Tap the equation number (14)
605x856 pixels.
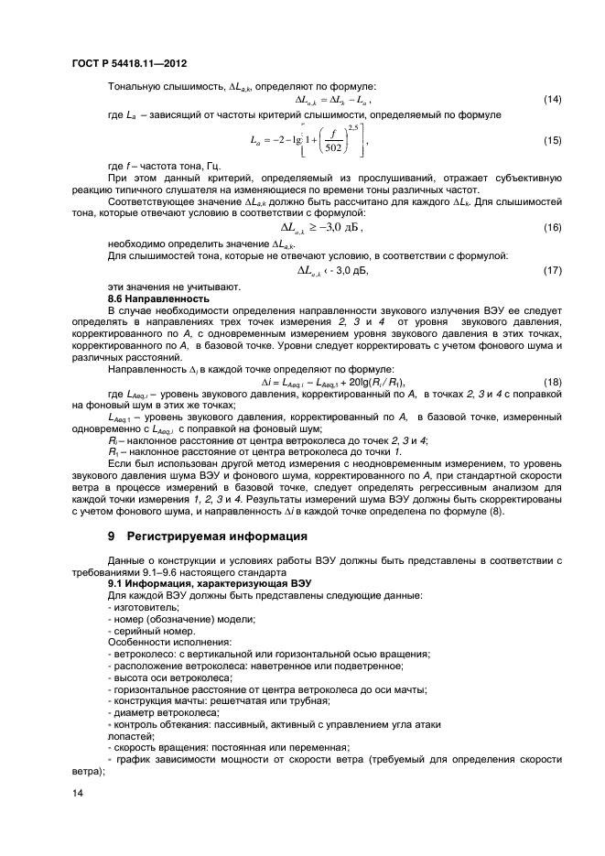point(552,99)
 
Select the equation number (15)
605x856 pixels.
point(552,140)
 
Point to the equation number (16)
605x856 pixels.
point(552,228)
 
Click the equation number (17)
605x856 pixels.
point(552,272)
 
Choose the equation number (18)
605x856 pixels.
point(552,382)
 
